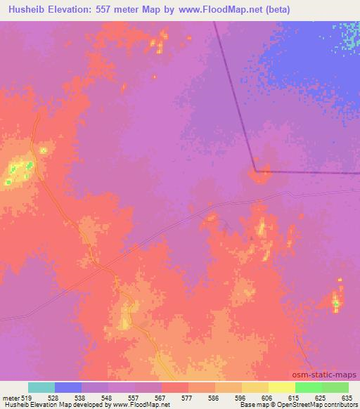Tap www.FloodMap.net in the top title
(219, 11)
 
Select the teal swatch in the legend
(41, 387)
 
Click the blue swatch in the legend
(68, 387)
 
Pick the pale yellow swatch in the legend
(282, 387)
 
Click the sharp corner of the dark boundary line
(256, 170)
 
